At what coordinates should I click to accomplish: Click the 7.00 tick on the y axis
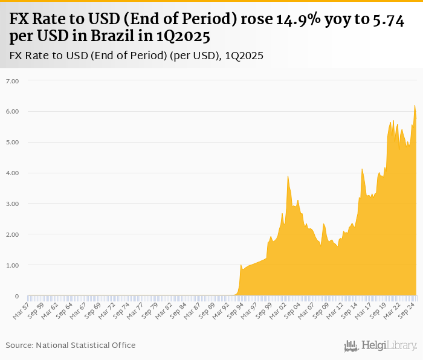12,80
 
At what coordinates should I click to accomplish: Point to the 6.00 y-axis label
12,111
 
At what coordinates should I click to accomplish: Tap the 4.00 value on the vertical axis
12,173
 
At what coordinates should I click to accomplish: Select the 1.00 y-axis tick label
12,265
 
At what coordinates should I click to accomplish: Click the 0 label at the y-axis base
16,296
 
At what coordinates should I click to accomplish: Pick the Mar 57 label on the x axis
21,310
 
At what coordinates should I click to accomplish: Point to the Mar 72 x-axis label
107,310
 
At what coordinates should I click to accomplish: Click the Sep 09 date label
322,310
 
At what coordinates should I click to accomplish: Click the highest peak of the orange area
415,106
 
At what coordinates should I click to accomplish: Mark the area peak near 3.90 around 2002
288,176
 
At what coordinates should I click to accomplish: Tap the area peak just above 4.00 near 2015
361,169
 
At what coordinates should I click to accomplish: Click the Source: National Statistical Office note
71,345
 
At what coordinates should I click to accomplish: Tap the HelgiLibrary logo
380,346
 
